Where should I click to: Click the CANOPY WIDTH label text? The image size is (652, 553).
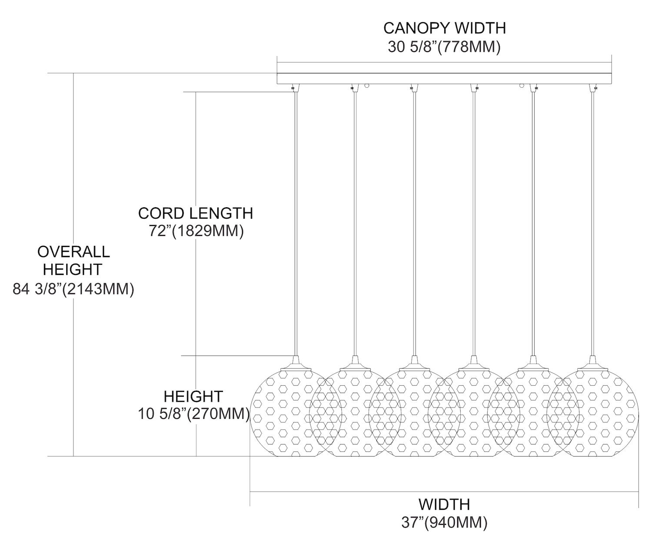click(x=444, y=28)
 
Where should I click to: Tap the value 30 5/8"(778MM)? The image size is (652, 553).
click(x=444, y=47)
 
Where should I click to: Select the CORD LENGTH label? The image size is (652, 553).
click(x=196, y=213)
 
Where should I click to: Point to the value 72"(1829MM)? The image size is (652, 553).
click(x=196, y=231)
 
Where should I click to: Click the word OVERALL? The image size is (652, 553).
click(x=73, y=252)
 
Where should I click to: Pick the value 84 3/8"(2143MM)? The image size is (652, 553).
click(x=73, y=289)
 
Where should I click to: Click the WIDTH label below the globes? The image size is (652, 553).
click(x=444, y=504)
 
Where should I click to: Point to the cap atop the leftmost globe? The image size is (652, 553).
click(x=296, y=362)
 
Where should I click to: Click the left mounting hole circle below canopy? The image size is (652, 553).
click(x=367, y=86)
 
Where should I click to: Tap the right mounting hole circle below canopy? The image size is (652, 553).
click(x=521, y=86)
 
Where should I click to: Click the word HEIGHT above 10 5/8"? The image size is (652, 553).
click(x=193, y=396)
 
